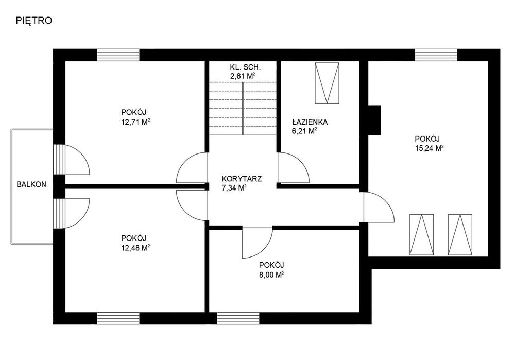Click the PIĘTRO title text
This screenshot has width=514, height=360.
(x=34, y=21)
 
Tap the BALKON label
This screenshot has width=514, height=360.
(x=31, y=184)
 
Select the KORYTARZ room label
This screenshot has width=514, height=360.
(x=242, y=179)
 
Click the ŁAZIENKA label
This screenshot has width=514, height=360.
(x=310, y=122)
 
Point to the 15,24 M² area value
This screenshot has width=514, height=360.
(x=430, y=148)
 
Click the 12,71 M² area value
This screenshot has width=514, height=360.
(x=136, y=122)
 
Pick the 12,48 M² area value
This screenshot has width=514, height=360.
(x=136, y=248)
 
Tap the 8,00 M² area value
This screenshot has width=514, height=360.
(x=271, y=275)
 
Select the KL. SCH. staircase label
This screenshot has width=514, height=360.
(x=245, y=67)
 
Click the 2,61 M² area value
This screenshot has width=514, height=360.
(x=243, y=76)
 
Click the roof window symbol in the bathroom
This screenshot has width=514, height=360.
(x=327, y=83)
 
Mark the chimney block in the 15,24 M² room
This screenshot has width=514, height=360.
(x=374, y=120)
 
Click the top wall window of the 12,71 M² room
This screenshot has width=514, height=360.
(x=118, y=55)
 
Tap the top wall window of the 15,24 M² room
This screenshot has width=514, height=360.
(x=436, y=55)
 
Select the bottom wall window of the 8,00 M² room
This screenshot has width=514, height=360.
(x=238, y=318)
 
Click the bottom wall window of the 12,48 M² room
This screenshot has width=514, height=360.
(x=118, y=318)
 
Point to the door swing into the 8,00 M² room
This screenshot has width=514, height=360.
(x=258, y=243)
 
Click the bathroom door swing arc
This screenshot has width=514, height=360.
(x=294, y=167)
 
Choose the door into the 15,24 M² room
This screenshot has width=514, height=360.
(x=379, y=207)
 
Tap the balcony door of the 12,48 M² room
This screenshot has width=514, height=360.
(x=72, y=213)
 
